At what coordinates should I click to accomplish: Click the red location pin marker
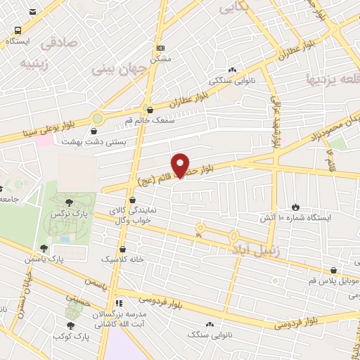181,165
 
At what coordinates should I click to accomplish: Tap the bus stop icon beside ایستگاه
17,30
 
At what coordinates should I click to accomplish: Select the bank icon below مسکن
161,47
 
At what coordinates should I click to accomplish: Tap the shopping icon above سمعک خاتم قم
149,109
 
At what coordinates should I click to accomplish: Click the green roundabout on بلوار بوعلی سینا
97,118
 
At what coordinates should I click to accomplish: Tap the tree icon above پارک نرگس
68,202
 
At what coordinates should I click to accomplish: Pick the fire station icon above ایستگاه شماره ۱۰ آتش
295,207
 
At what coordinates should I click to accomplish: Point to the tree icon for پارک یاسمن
44,248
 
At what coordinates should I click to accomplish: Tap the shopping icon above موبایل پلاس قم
333,269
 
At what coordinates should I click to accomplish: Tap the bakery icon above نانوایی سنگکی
232,70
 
